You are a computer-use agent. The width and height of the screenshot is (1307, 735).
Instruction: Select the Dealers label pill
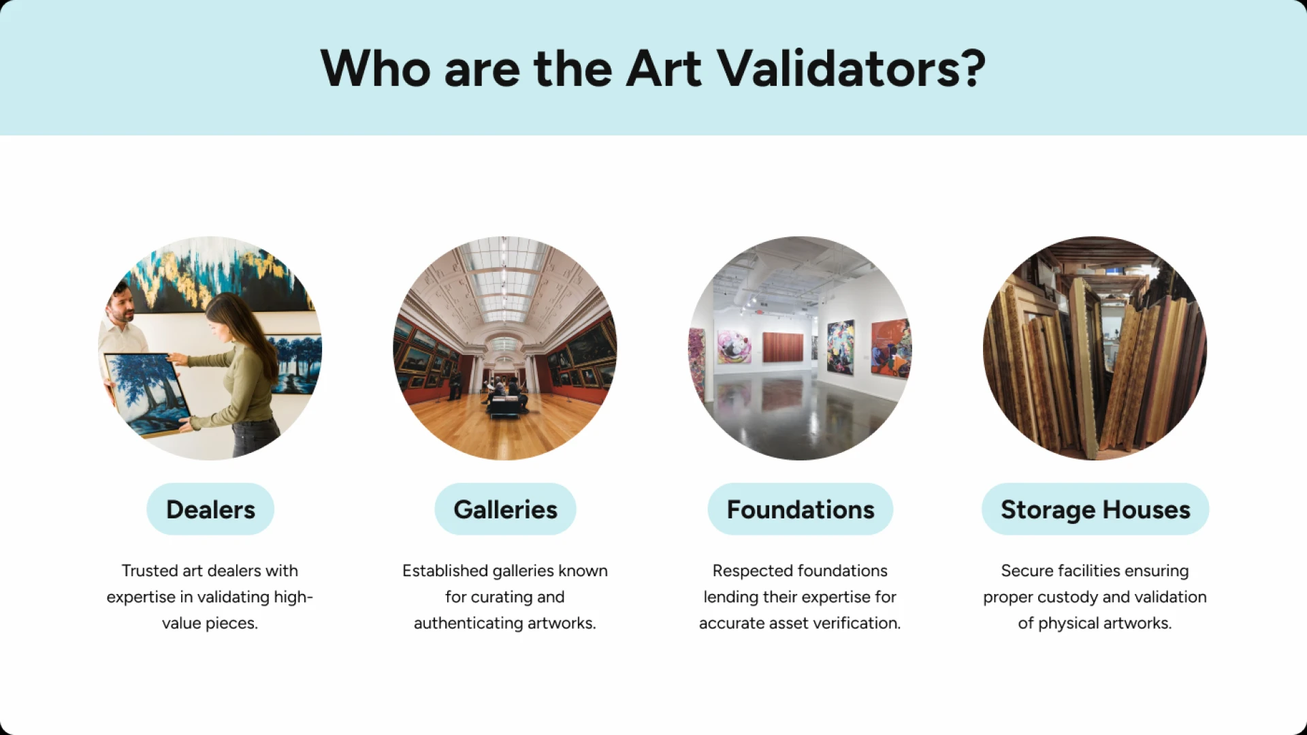(210, 510)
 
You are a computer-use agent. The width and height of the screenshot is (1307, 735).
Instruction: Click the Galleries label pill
(505, 510)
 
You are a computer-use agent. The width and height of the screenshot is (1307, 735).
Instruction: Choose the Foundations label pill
(800, 510)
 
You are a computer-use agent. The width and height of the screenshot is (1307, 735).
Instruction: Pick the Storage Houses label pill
(1095, 510)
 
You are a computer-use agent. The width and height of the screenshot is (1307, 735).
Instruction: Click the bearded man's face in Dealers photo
(122, 305)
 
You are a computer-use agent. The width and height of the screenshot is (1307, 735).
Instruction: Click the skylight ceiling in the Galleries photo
(504, 279)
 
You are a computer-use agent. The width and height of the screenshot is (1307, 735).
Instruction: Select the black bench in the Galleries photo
(504, 407)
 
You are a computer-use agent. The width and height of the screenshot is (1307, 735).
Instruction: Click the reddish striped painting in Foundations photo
(783, 347)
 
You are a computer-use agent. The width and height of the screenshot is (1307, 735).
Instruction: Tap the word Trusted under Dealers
(150, 571)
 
